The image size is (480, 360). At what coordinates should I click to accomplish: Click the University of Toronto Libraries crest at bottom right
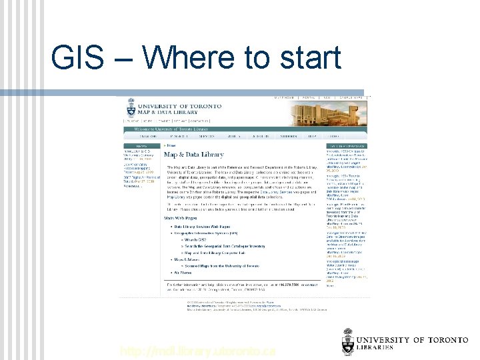[349, 342]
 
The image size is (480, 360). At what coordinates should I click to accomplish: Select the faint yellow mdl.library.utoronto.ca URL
[197, 351]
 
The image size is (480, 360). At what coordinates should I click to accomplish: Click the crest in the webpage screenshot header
[129, 109]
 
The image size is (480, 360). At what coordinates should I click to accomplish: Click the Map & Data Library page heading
[194, 155]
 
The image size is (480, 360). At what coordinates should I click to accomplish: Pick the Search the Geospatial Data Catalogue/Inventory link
[225, 247]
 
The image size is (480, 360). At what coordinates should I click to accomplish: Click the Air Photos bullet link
[183, 273]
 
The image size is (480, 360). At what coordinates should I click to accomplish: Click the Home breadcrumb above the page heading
[172, 145]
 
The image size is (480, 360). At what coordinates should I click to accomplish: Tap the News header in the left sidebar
[142, 145]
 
